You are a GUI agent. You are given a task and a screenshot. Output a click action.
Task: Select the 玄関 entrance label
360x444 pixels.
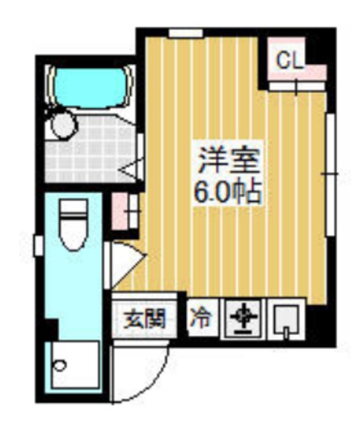tap(144, 320)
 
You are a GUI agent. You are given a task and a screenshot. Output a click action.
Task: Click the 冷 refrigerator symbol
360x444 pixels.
tap(202, 319)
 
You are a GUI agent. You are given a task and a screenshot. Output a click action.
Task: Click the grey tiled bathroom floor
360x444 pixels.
tap(90, 153)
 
